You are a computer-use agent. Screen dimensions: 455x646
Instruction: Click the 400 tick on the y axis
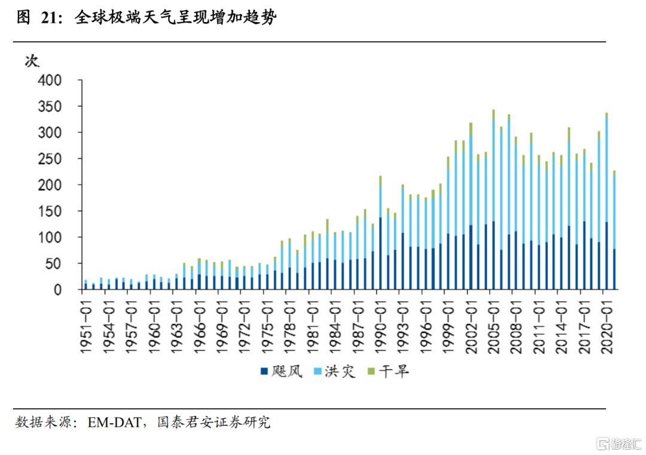[x=51, y=80]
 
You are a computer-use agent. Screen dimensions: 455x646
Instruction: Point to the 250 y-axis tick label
[x=51, y=159]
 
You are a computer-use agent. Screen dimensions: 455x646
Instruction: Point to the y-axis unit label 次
[x=32, y=60]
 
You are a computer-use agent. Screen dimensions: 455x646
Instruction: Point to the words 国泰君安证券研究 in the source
[x=213, y=423]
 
